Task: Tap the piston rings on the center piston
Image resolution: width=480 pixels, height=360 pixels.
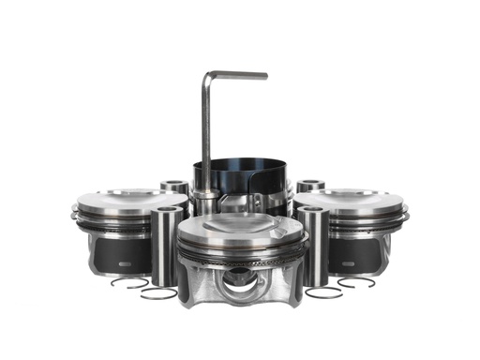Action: [242, 255]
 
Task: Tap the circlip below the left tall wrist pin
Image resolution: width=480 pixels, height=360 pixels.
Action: [158, 293]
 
